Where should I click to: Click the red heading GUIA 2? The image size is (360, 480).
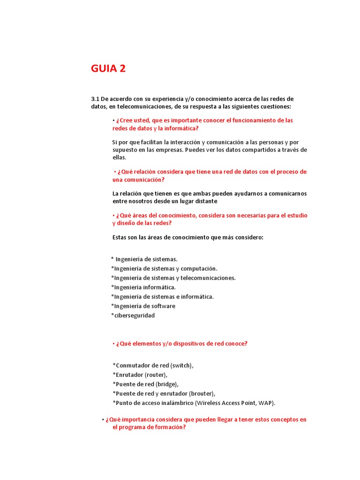point(108,69)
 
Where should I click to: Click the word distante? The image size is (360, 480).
point(203,201)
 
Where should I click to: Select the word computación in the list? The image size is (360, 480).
point(199,269)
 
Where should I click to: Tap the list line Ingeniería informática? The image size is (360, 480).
point(144,287)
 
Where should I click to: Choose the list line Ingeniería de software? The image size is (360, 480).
point(143,306)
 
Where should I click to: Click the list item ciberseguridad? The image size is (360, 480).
point(134,315)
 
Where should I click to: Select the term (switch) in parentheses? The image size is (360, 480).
point(181,366)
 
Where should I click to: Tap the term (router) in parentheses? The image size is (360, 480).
point(156,375)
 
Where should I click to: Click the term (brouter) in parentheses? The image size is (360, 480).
point(202,394)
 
